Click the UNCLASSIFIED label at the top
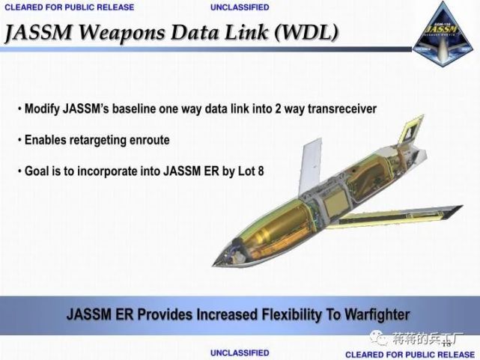tap(240, 7)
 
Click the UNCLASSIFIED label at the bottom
tap(240, 352)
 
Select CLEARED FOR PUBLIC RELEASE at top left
tap(70, 7)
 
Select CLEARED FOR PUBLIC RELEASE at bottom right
tap(410, 353)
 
